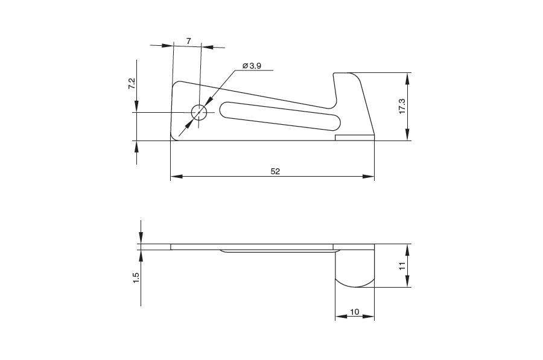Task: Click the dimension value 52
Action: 275,171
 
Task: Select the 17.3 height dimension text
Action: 402,106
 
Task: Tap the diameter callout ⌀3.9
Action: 252,66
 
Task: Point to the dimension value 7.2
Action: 132,84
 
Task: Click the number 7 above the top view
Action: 188,41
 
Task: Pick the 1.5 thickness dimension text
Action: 136,278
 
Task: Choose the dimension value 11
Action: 402,266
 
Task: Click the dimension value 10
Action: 355,312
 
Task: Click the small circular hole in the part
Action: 199,112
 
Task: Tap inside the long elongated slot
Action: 281,116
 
